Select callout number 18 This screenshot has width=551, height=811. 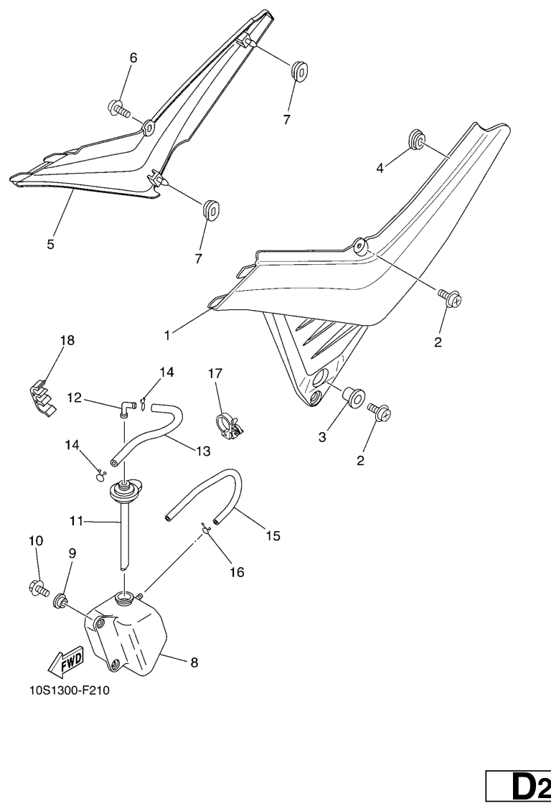point(67,340)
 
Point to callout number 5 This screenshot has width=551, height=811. point(51,244)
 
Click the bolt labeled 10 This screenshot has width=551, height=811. point(39,588)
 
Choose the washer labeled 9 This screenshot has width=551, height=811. point(60,601)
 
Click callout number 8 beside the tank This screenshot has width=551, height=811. point(194,662)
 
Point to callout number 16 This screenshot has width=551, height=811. point(237,572)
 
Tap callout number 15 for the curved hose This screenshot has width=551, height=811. point(273,536)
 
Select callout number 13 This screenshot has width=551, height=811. point(204,451)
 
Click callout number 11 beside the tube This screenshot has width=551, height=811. point(77,521)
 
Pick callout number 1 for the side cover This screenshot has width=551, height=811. point(167,335)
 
